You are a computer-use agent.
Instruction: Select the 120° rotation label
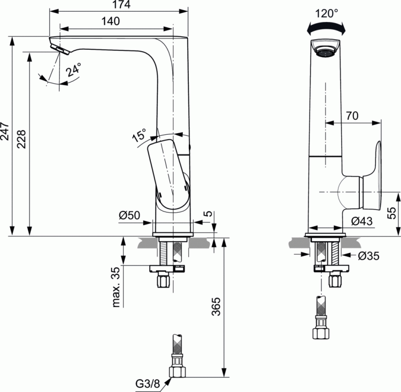click(x=327, y=13)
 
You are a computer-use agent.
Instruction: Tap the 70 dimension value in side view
click(x=351, y=116)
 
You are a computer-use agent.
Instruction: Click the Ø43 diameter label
click(x=362, y=220)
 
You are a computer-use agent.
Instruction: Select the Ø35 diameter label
click(x=369, y=256)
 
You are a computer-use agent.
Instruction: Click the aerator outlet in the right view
click(x=325, y=51)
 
